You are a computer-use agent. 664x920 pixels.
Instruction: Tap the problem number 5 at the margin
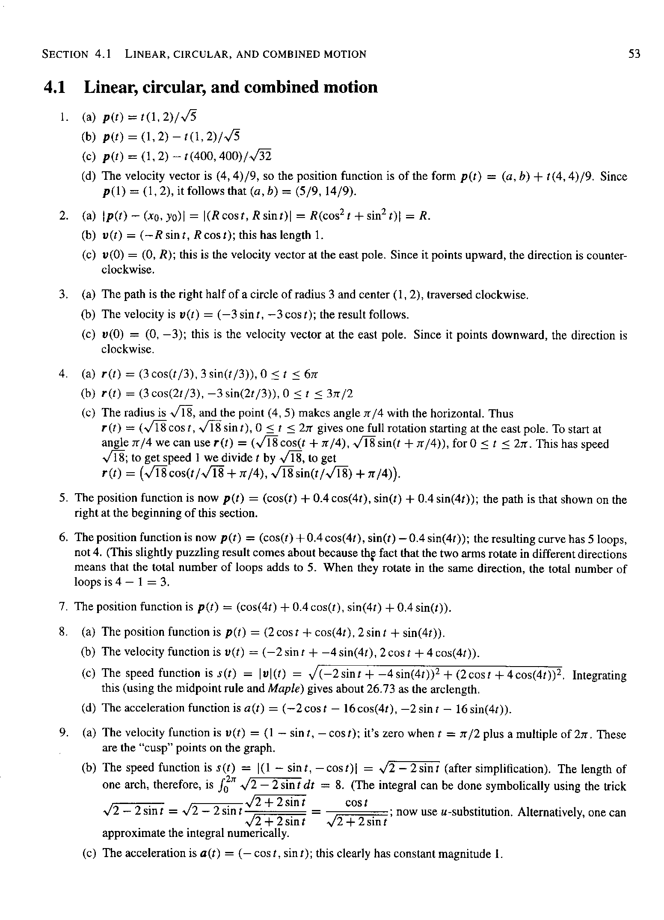[x=63, y=498]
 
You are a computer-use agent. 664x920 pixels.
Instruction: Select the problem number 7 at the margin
[x=63, y=607]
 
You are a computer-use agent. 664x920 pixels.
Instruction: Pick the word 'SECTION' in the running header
[x=65, y=54]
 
